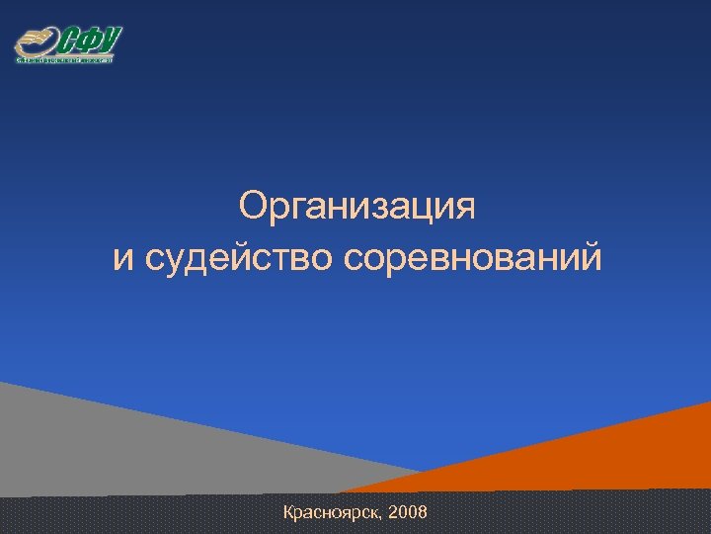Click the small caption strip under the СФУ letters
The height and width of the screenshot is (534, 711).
tap(65, 59)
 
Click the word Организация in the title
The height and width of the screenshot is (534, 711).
tap(356, 209)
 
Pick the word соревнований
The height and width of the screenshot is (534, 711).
tap(472, 259)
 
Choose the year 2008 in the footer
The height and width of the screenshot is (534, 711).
tap(409, 512)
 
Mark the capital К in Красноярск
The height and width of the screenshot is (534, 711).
tap(288, 512)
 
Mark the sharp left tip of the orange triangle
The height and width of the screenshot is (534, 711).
tap(341, 491)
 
